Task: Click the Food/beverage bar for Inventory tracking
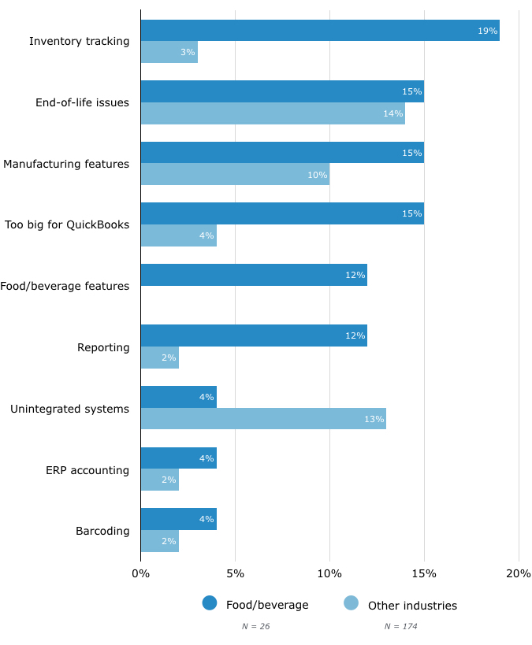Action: tap(320, 31)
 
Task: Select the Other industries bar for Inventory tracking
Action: tap(169, 52)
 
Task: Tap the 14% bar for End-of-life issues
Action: tap(273, 113)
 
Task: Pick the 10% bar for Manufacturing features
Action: tap(235, 174)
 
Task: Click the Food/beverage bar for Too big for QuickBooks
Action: tap(282, 213)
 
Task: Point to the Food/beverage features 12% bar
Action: tap(254, 275)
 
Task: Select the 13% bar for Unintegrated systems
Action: tap(263, 418)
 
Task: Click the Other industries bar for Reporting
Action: tap(160, 358)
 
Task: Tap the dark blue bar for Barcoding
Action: tap(179, 519)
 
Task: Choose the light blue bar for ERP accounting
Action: tap(160, 480)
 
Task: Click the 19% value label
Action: tap(487, 31)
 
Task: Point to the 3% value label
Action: tap(187, 52)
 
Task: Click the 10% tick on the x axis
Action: tap(329, 573)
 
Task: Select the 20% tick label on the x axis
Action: tap(519, 573)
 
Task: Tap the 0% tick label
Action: tap(141, 573)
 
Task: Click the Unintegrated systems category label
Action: tap(69, 409)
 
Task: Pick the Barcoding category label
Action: tap(102, 531)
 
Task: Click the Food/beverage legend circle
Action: tap(210, 603)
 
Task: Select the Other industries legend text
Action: tap(412, 606)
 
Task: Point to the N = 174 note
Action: tap(400, 626)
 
